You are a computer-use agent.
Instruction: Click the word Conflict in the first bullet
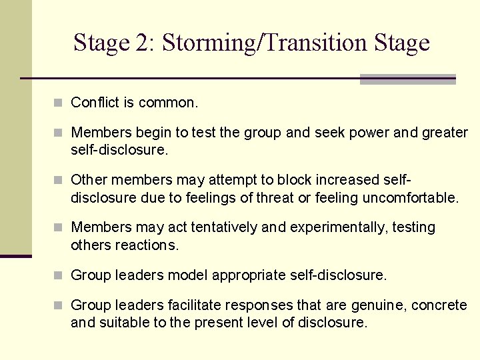[x=94, y=103]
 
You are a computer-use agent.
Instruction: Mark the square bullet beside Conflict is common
[x=59, y=103]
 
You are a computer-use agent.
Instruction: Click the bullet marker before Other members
[x=59, y=180]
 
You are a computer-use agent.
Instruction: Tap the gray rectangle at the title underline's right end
[x=407, y=79]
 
